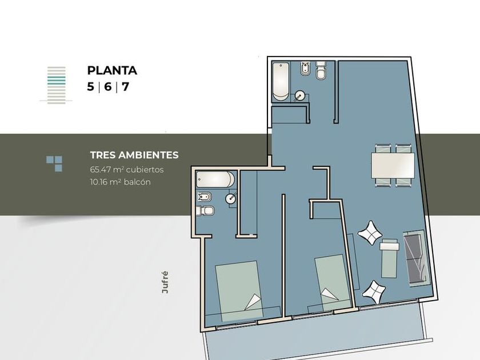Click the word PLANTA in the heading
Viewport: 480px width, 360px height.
112,70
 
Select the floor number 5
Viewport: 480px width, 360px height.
90,87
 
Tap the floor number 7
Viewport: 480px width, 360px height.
125,87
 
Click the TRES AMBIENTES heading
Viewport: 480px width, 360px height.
134,155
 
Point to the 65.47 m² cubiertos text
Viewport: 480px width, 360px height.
127,170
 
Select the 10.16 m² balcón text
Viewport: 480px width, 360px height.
121,182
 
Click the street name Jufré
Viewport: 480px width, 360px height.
165,282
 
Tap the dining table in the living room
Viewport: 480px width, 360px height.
393,166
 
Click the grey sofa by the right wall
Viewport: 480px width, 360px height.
416,259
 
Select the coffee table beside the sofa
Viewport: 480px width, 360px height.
389,258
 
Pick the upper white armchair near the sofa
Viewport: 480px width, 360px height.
370,233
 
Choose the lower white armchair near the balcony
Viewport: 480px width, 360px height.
374,292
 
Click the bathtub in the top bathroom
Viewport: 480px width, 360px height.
281,81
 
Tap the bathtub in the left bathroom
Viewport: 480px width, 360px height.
215,179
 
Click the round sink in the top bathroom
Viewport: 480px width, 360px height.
299,96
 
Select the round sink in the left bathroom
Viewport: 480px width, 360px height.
231,199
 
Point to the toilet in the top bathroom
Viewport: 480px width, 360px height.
321,71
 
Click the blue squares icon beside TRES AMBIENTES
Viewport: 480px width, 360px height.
54,163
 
